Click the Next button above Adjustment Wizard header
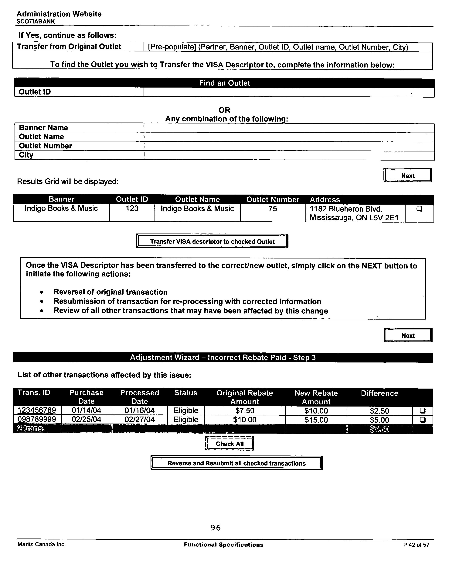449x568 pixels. tap(408, 335)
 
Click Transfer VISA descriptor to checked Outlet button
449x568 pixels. tap(212, 241)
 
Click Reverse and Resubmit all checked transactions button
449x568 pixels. tap(236, 463)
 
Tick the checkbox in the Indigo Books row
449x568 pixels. tap(419, 209)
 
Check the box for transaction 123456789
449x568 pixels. tap(422, 410)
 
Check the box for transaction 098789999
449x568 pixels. tap(422, 419)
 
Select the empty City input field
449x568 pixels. tap(289, 155)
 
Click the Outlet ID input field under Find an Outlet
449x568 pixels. tap(289, 92)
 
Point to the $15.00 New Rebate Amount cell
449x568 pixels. tap(316, 420)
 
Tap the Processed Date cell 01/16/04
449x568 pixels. tap(140, 410)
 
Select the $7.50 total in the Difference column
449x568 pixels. tap(379, 429)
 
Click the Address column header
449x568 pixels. tap(325, 200)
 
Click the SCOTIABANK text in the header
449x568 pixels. tap(36, 22)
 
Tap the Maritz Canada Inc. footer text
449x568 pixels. tap(41, 544)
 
